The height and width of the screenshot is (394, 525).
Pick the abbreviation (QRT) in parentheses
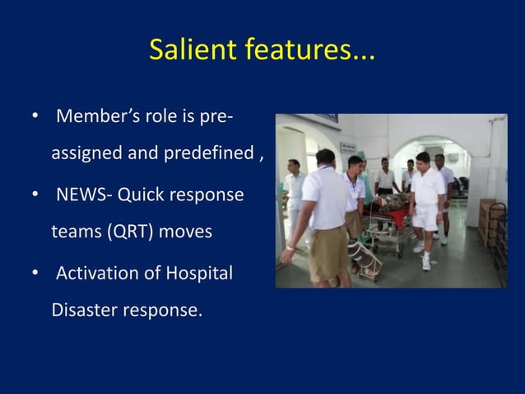click(131, 232)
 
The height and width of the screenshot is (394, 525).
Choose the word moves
click(186, 232)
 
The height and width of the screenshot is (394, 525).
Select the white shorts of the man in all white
click(425, 216)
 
